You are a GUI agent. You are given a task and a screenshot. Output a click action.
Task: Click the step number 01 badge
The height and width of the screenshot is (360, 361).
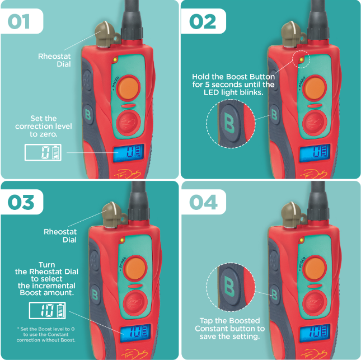22,21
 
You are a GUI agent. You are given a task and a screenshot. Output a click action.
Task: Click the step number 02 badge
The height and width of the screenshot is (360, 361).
204,21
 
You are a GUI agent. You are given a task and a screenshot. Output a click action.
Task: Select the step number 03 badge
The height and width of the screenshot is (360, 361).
22,202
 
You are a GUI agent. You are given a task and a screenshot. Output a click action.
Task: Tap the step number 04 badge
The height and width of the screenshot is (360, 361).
204,202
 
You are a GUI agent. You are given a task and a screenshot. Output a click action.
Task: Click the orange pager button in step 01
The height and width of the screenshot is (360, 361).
128,88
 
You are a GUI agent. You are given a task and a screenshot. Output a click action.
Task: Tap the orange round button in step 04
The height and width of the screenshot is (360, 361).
315,268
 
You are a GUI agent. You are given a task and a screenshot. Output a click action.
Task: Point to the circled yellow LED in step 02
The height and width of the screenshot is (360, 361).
301,59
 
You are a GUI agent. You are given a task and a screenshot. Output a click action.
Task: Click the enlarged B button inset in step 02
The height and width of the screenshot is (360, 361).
231,124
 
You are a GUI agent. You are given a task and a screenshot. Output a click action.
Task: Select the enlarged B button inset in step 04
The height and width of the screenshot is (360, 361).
231,287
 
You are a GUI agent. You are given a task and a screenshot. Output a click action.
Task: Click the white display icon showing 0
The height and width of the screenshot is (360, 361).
43,152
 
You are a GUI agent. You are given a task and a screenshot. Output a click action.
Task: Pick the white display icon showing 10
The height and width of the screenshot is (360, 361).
48,311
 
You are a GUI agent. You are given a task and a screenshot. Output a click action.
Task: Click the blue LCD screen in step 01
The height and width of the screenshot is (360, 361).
129,153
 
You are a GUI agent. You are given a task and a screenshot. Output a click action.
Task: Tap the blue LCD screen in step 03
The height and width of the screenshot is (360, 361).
135,333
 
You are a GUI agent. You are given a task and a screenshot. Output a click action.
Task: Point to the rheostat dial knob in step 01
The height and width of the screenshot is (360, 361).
105,34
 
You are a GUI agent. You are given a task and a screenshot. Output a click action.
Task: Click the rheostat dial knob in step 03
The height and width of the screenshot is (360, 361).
112,215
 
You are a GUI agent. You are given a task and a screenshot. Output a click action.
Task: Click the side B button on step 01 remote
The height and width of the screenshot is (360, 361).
88,114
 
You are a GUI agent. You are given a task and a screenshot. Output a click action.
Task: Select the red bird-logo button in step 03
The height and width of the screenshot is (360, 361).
135,302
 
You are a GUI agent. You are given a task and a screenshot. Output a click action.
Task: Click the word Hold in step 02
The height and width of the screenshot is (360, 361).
200,77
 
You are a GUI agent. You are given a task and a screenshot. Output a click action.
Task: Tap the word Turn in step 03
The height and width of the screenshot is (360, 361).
47,265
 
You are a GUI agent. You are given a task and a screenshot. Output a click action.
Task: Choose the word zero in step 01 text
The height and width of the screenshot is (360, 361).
50,134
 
